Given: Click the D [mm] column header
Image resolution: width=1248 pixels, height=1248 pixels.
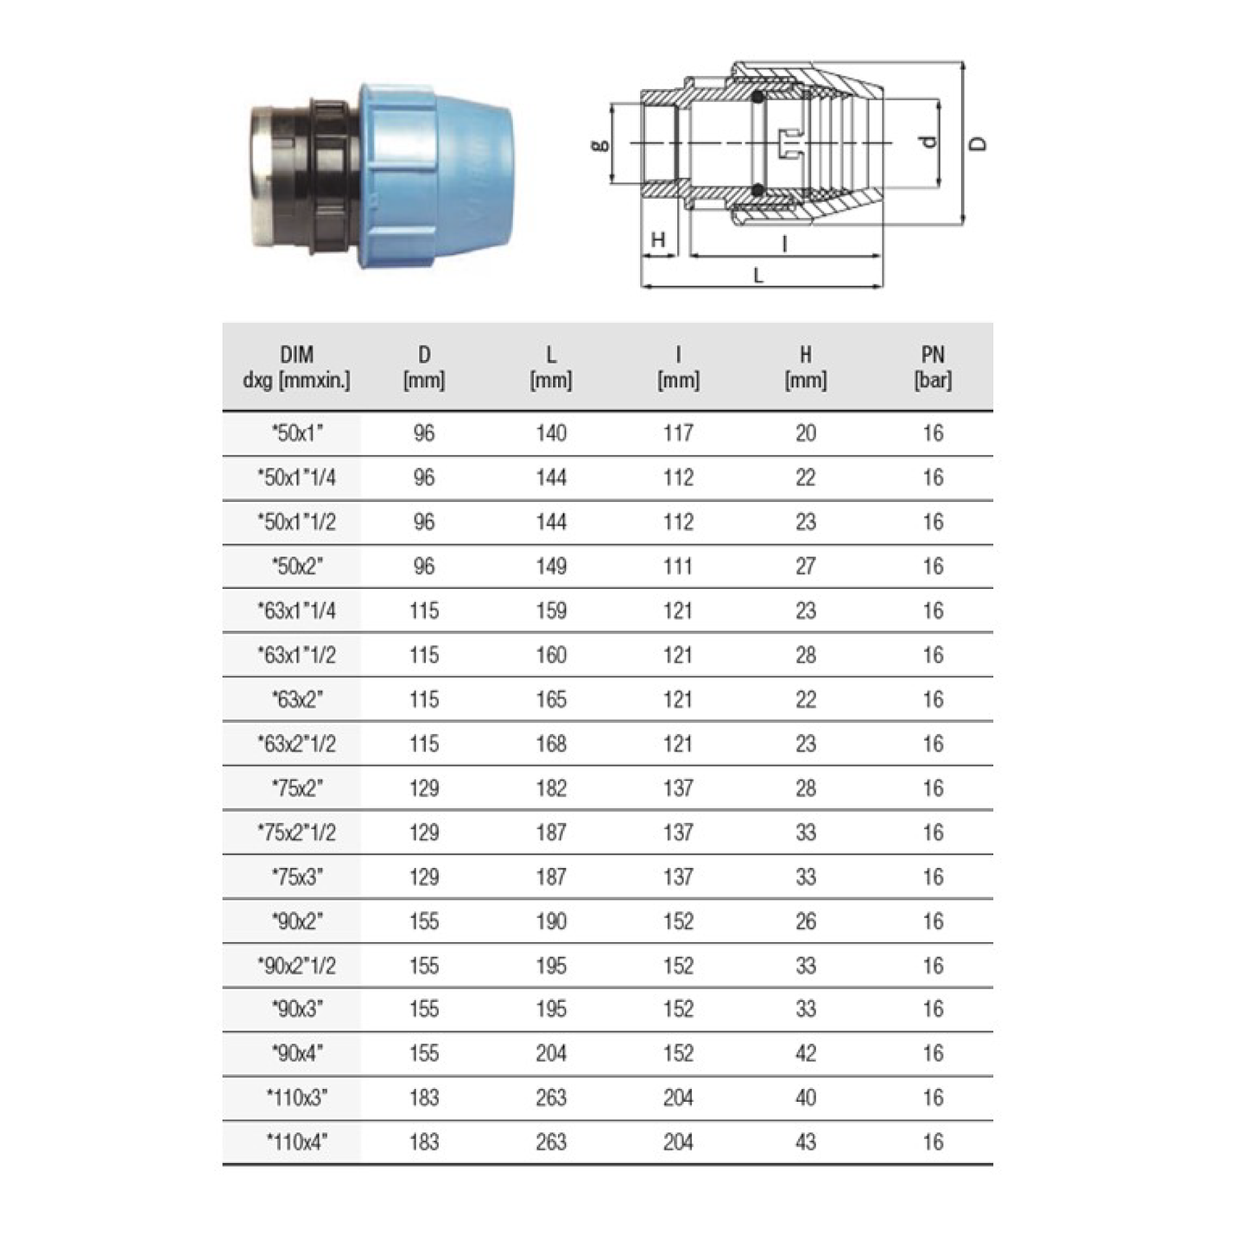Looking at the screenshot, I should tap(423, 367).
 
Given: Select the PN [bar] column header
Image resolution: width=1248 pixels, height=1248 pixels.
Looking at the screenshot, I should tap(932, 367).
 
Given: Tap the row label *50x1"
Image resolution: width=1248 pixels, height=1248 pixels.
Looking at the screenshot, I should tap(296, 434).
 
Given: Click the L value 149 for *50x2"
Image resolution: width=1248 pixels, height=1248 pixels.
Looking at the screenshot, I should tap(550, 567).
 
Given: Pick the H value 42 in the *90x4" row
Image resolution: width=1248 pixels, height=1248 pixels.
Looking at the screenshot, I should tap(805, 1054).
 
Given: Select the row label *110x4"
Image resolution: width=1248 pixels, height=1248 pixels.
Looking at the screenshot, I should tap(296, 1143).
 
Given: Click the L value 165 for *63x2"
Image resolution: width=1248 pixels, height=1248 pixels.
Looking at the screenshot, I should tap(550, 700).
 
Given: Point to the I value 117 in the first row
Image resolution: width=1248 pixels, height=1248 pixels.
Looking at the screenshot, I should tap(678, 434).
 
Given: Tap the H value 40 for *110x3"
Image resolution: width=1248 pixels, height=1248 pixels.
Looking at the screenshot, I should tap(805, 1099).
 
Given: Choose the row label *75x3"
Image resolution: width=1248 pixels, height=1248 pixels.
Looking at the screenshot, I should tap(296, 877).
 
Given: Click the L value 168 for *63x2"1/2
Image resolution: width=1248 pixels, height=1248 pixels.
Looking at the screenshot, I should tap(550, 744).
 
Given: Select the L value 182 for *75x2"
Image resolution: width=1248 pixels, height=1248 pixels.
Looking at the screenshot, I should tap(550, 789).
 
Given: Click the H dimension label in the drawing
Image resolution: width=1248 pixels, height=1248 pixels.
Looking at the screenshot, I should tap(658, 240).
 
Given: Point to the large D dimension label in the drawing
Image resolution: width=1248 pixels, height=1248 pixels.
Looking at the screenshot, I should tap(978, 143).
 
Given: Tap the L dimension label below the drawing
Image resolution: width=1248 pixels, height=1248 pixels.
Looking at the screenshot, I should tap(758, 276).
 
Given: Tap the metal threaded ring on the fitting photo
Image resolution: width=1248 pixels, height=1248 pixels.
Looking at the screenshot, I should tap(264, 177).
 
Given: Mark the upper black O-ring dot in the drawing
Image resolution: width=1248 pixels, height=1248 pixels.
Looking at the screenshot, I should tap(757, 97).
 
